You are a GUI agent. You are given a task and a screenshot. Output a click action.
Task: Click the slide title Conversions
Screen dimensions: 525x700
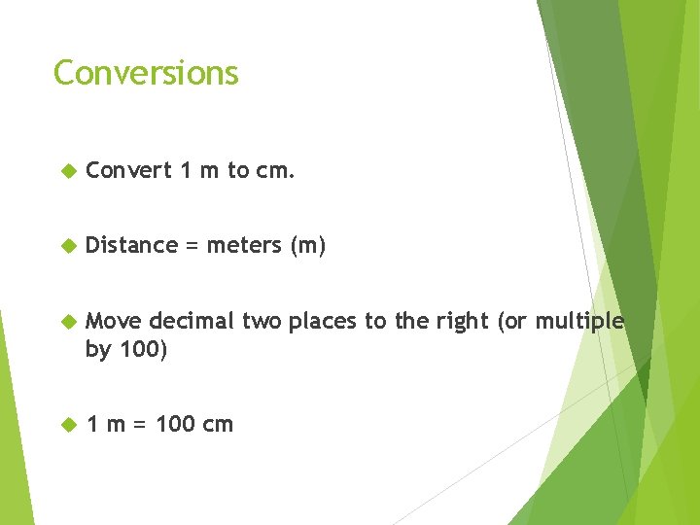(x=146, y=73)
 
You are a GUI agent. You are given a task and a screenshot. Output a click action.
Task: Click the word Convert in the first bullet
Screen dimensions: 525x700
(x=128, y=171)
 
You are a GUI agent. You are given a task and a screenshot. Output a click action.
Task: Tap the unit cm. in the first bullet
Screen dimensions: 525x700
(x=275, y=171)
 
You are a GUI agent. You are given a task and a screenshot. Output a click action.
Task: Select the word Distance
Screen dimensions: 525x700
(x=131, y=245)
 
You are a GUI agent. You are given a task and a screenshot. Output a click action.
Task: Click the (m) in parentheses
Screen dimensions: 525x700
(x=308, y=245)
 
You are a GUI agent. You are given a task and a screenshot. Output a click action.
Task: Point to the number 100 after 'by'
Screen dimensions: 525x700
(x=143, y=350)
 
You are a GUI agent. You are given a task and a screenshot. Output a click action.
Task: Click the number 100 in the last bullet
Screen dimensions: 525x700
(x=175, y=424)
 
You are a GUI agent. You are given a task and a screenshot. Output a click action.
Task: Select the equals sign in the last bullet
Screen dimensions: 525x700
(x=138, y=425)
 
